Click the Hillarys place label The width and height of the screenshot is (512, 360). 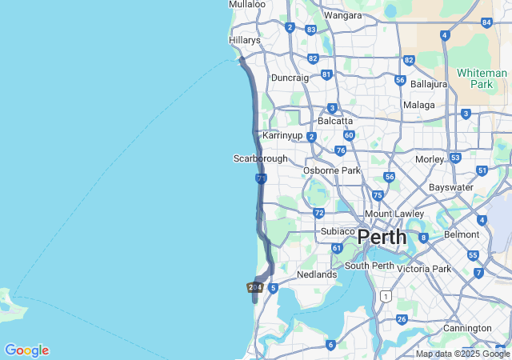(x=244, y=40)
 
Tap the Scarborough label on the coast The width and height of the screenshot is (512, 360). (x=260, y=158)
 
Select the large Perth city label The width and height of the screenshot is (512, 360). (x=382, y=238)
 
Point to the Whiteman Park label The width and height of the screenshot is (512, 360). (x=482, y=78)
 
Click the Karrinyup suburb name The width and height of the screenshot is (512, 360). (x=282, y=135)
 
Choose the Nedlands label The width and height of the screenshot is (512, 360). (x=316, y=274)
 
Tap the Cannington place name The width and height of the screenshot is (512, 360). (x=467, y=328)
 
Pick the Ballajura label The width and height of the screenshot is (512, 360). (x=430, y=83)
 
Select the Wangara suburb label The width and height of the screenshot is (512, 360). (x=342, y=15)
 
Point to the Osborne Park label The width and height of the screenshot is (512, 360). (x=331, y=170)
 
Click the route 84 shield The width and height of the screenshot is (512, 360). (x=486, y=22)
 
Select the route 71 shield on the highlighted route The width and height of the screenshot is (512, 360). (x=262, y=178)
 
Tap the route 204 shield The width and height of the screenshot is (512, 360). (x=255, y=287)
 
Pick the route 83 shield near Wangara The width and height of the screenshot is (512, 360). (x=310, y=30)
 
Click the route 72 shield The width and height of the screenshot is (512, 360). (x=318, y=213)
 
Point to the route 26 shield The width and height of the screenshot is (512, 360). (x=401, y=319)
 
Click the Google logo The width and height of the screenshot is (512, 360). (x=26, y=350)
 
